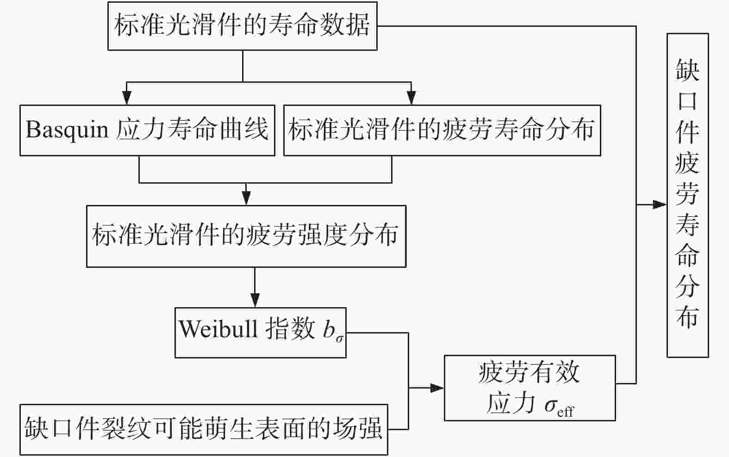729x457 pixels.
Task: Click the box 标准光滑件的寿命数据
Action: point(242,26)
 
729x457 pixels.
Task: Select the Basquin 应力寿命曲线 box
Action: point(147,130)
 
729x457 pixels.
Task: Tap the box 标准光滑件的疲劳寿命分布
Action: point(442,130)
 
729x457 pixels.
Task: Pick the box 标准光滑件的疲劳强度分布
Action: point(246,236)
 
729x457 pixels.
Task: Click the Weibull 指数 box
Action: point(260,332)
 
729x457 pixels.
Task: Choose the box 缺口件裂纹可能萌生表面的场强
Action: point(203,429)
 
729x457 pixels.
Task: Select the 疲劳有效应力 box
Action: point(530,388)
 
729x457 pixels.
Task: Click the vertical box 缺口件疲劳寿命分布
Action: point(687,195)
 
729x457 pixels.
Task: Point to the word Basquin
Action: point(67,130)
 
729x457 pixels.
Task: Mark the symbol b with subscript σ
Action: point(332,331)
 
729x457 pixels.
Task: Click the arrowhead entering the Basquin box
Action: point(126,99)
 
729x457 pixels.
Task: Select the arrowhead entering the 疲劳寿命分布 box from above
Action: point(411,99)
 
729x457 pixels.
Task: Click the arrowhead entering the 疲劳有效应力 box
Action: point(437,388)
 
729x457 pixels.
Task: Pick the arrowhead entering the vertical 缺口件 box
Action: point(660,204)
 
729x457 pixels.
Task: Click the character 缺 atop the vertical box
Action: point(687,70)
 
